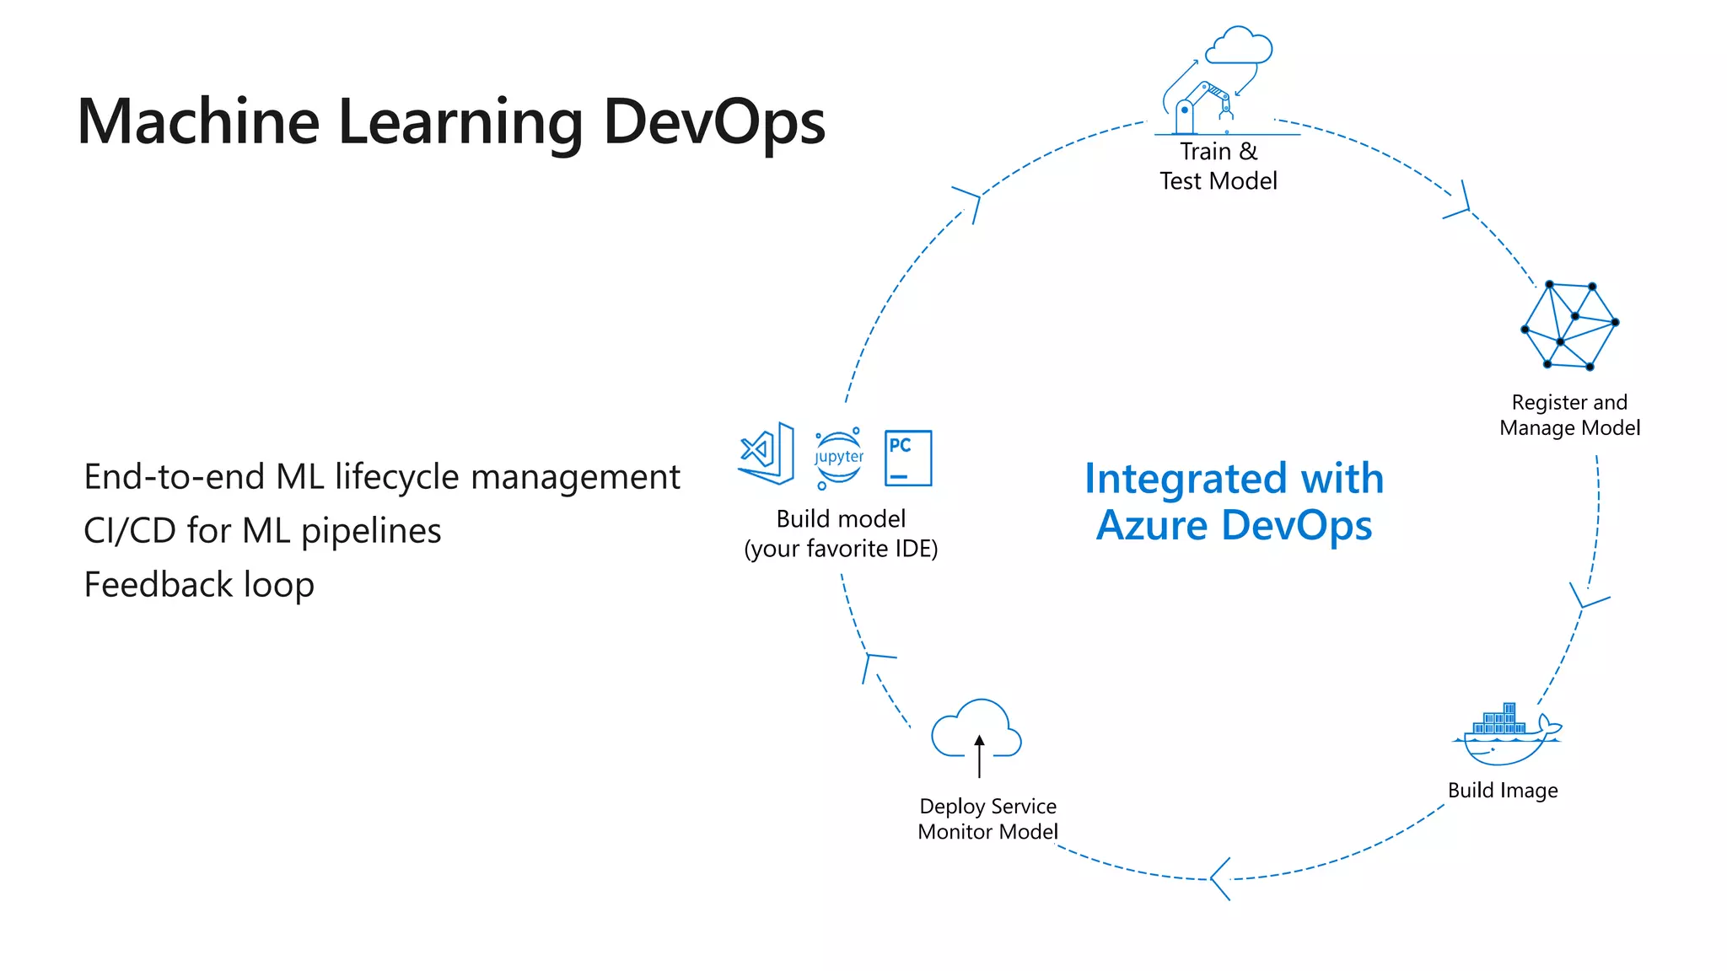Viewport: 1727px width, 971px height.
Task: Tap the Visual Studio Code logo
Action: pos(767,453)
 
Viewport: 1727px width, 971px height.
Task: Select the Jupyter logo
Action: pos(838,458)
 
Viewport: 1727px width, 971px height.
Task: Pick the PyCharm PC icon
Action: pos(907,458)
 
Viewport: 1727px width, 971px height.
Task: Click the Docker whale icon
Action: pos(1506,734)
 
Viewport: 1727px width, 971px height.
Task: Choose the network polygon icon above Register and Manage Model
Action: pos(1569,325)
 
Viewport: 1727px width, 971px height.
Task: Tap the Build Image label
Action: pos(1503,791)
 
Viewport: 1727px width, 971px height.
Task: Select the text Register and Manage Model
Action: pos(1569,415)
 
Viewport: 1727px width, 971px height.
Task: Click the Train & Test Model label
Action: pos(1218,166)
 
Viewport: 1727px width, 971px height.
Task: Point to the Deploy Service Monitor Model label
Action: pos(987,819)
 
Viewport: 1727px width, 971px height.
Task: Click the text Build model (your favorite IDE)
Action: pos(841,534)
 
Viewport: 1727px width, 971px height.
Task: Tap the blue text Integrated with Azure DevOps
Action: pos(1234,502)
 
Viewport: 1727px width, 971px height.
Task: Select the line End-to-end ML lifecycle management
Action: pos(381,477)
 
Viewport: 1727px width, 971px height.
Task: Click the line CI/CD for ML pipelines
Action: pos(262,531)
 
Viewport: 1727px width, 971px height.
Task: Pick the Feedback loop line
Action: pos(199,585)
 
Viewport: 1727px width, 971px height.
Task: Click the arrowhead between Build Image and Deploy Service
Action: pos(1219,879)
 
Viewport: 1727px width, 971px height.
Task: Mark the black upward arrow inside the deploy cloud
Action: pos(979,755)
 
